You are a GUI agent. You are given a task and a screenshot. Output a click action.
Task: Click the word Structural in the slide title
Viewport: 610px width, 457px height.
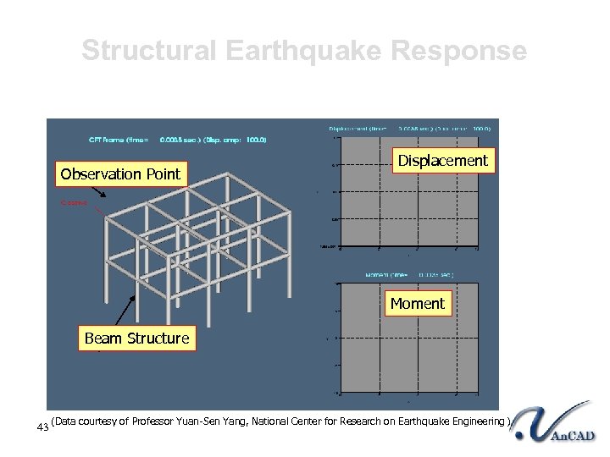[x=150, y=52]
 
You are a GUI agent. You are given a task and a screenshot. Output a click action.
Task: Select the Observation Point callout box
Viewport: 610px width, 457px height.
[x=120, y=174]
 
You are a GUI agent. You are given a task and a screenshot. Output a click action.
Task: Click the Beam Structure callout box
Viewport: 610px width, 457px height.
[x=136, y=339]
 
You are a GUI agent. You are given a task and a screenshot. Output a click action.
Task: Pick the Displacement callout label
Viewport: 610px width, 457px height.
[x=443, y=161]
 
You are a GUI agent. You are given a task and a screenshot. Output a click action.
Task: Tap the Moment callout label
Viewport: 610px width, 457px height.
[x=417, y=303]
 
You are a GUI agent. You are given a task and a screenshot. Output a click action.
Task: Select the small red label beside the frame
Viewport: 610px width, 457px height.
[x=74, y=202]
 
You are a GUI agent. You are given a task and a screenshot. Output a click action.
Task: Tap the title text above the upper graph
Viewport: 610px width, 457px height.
[x=408, y=129]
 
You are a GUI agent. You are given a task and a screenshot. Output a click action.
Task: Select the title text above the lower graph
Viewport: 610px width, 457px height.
[x=409, y=274]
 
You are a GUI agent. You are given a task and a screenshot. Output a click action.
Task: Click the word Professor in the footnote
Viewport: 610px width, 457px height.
[x=158, y=421]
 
